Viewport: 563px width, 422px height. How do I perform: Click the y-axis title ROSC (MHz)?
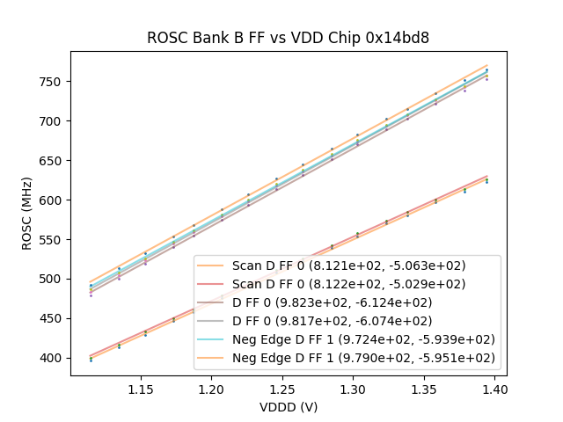[27, 214]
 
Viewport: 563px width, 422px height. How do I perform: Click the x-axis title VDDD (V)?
[289, 407]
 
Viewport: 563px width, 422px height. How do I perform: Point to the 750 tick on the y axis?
[53, 82]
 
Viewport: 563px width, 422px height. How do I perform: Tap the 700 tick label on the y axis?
[53, 121]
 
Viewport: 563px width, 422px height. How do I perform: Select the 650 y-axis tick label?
[53, 161]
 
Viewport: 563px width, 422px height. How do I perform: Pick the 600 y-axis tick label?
[53, 200]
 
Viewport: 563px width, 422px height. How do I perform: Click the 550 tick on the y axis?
[53, 240]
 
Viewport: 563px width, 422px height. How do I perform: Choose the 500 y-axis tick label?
[53, 279]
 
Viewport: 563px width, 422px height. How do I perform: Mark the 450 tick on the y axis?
[53, 318]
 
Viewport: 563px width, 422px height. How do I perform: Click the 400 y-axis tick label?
[53, 358]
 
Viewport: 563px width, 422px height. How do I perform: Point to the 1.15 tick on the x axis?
[141, 389]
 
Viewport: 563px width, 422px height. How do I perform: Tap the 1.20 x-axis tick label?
[211, 389]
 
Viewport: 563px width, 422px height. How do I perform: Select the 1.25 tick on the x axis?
[282, 389]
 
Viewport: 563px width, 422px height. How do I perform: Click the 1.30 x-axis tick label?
[353, 389]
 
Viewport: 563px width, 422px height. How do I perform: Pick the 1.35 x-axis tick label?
[423, 389]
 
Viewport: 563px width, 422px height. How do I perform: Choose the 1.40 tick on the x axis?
[494, 389]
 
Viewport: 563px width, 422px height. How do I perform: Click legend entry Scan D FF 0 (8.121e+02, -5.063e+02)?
[348, 266]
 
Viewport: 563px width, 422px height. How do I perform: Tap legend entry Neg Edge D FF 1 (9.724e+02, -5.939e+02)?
[363, 339]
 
